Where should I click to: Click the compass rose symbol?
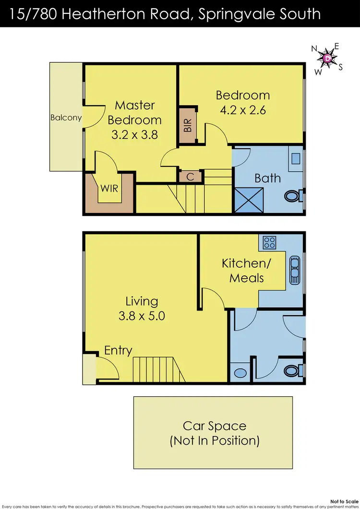[x=327, y=59]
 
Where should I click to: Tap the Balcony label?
[x=66, y=118]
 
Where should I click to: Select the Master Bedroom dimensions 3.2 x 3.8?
[x=134, y=135]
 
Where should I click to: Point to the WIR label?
[x=108, y=188]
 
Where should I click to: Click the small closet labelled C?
[x=190, y=177]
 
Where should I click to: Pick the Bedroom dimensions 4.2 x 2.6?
[x=242, y=110]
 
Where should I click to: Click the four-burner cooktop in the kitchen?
[x=268, y=242]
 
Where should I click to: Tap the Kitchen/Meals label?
[x=243, y=270]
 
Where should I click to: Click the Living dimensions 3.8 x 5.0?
[x=142, y=316]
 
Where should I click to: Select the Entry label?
[x=118, y=350]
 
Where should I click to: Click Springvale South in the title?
[x=260, y=13]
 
